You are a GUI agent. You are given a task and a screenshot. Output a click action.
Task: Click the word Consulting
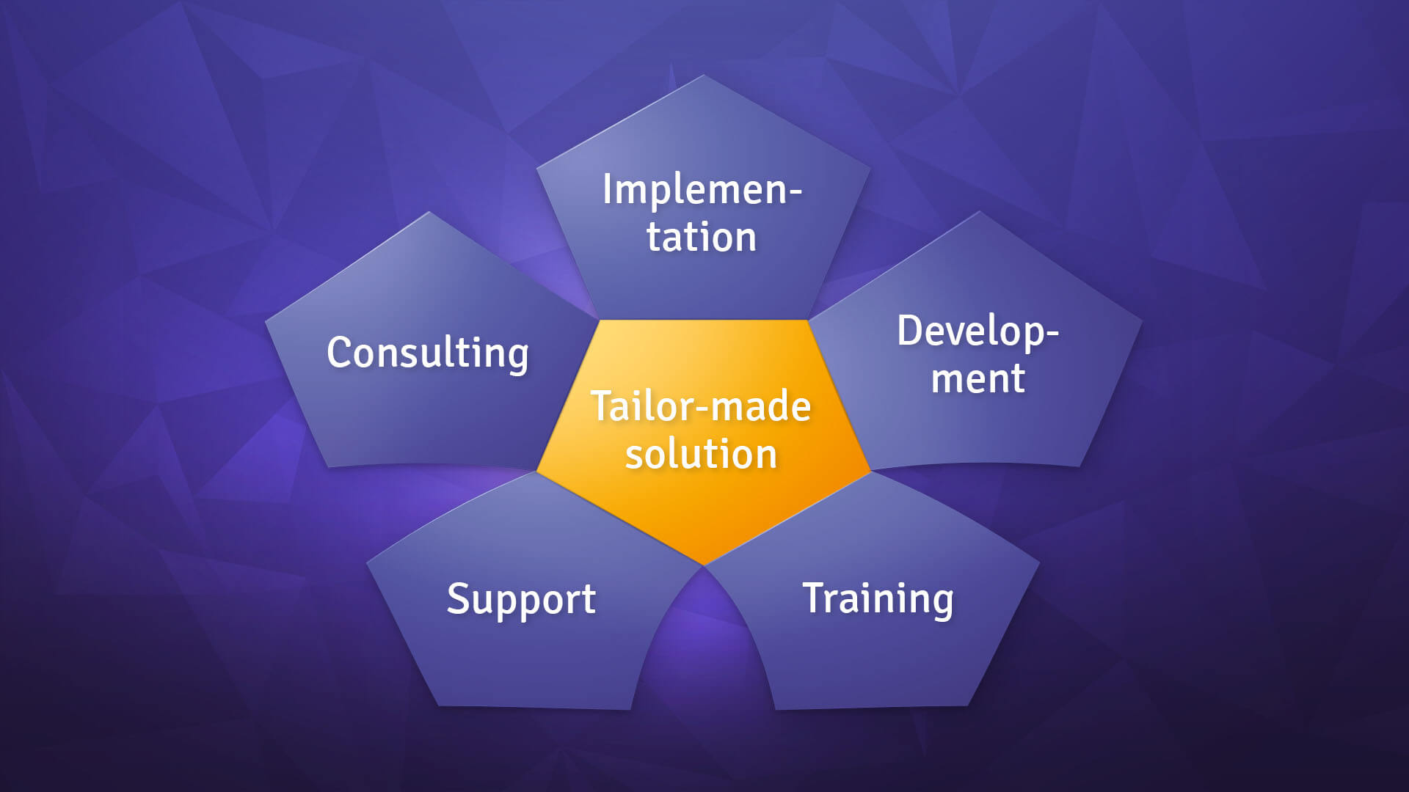click(427, 353)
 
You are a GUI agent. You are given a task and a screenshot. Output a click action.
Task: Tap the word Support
click(521, 599)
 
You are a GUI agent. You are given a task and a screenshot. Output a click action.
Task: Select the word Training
click(878, 599)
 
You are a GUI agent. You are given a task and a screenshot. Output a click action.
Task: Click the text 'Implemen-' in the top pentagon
click(702, 190)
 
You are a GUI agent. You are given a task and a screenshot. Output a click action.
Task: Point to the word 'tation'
click(701, 238)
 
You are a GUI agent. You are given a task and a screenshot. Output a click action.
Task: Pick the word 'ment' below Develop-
click(977, 379)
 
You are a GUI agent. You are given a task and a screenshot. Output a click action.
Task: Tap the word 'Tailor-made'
click(701, 406)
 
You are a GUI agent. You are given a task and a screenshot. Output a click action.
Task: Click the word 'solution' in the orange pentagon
click(701, 454)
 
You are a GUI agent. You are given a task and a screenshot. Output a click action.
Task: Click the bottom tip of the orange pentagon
click(704, 563)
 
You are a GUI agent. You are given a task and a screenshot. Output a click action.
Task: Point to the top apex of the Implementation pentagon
click(704, 76)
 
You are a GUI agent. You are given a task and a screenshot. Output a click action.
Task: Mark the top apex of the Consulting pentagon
click(429, 213)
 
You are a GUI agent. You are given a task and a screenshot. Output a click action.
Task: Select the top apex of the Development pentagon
click(979, 213)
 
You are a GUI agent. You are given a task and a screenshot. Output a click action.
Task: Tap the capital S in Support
click(458, 598)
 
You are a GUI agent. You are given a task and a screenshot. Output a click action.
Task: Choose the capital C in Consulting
click(340, 353)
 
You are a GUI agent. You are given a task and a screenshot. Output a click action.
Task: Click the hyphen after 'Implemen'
click(793, 192)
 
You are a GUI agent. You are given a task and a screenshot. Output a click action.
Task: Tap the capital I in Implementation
click(608, 189)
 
